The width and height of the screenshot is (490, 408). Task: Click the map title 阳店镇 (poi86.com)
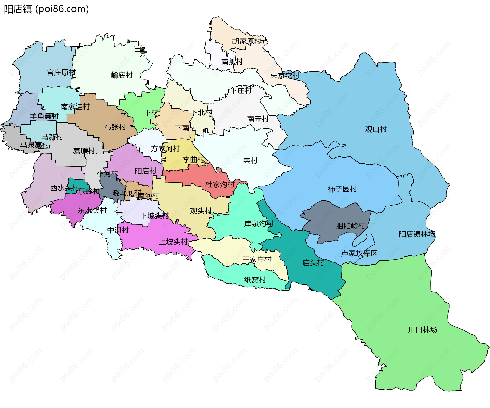pos(46,9)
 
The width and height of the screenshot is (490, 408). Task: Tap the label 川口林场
pos(422,330)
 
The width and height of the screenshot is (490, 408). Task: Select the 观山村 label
pos(376,129)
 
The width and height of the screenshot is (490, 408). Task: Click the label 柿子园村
pos(342,189)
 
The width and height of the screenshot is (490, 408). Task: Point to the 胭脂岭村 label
pos(350,226)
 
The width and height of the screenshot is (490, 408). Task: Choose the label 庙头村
pos(313,263)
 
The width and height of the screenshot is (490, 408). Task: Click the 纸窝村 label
pos(255,280)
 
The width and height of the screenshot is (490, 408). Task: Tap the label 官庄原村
pos(61,73)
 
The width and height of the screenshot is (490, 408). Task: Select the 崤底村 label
pos(122,75)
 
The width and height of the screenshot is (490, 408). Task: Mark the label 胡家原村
pos(247,41)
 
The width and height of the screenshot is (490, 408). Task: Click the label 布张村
pos(115,127)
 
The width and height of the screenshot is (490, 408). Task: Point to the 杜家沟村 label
pos(220,184)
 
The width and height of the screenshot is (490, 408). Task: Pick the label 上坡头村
pos(173,242)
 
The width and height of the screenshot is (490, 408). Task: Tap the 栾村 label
pos(250,161)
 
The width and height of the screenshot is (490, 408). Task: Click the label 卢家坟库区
pos(359,253)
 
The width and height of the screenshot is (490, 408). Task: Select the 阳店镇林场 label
pos(417,234)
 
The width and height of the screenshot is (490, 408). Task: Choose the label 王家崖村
pos(257,260)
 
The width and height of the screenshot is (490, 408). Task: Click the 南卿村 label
pos(232,62)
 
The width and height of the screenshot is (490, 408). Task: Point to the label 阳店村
pos(145,171)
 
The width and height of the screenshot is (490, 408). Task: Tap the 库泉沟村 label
pos(259,224)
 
